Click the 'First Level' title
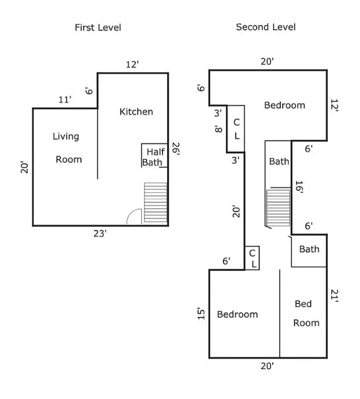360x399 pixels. (98, 28)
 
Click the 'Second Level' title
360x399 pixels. (266, 27)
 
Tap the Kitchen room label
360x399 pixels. (136, 111)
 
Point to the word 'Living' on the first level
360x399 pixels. (66, 137)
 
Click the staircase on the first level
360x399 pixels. (155, 203)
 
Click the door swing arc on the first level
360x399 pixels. (134, 217)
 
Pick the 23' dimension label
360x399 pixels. (100, 234)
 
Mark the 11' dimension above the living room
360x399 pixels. (64, 100)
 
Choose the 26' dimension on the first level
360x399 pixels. (175, 151)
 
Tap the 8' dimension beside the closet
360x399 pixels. (218, 129)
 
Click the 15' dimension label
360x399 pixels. (201, 314)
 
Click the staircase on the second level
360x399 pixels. (278, 207)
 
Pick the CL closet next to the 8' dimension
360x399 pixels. (236, 129)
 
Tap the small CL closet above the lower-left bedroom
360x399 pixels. (252, 258)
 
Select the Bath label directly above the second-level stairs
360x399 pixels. (279, 161)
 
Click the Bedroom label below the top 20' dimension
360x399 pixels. (284, 105)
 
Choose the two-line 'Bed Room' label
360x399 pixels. (305, 313)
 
